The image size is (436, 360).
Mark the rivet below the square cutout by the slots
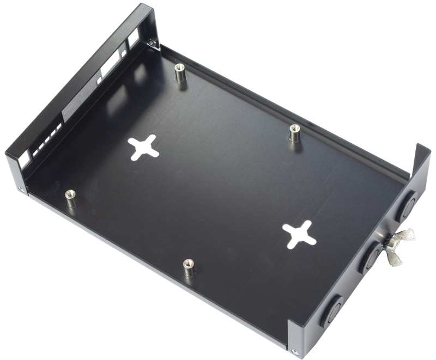(21, 189)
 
